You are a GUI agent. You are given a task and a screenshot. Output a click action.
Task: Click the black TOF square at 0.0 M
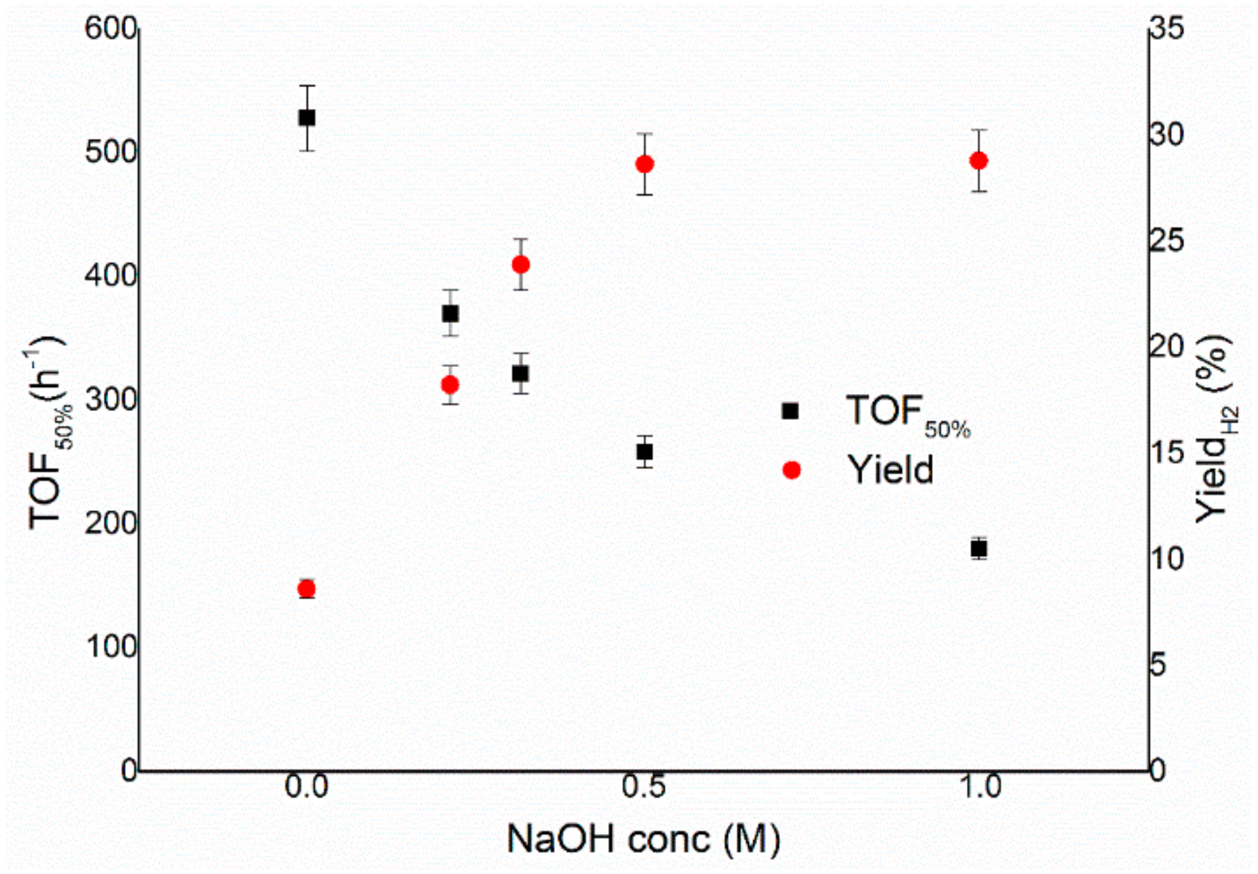(x=306, y=118)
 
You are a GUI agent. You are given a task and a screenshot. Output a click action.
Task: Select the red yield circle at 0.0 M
(x=306, y=589)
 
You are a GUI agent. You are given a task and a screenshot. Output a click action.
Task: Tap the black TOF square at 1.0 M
(x=979, y=549)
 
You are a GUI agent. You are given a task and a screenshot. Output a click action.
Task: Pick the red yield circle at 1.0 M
(x=979, y=161)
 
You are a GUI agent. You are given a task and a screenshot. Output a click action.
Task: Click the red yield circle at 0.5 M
(x=644, y=164)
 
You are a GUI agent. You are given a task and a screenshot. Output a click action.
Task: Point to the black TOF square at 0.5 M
(x=644, y=452)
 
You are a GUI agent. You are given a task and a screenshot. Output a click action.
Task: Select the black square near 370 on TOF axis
(x=450, y=314)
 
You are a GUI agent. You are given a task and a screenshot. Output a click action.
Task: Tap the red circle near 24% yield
(x=521, y=265)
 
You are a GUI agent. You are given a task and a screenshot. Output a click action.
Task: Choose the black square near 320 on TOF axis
(x=521, y=374)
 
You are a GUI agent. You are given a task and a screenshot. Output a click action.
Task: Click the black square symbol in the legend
(x=790, y=411)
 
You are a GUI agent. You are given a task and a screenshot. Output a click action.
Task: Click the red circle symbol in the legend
(x=791, y=470)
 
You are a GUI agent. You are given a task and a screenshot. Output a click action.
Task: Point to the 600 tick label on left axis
(x=111, y=29)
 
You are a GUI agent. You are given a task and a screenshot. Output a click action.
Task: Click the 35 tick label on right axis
(x=1166, y=29)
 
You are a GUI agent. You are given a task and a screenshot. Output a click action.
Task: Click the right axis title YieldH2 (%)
(x=1215, y=429)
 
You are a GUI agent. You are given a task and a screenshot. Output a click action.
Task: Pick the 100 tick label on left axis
(x=111, y=647)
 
